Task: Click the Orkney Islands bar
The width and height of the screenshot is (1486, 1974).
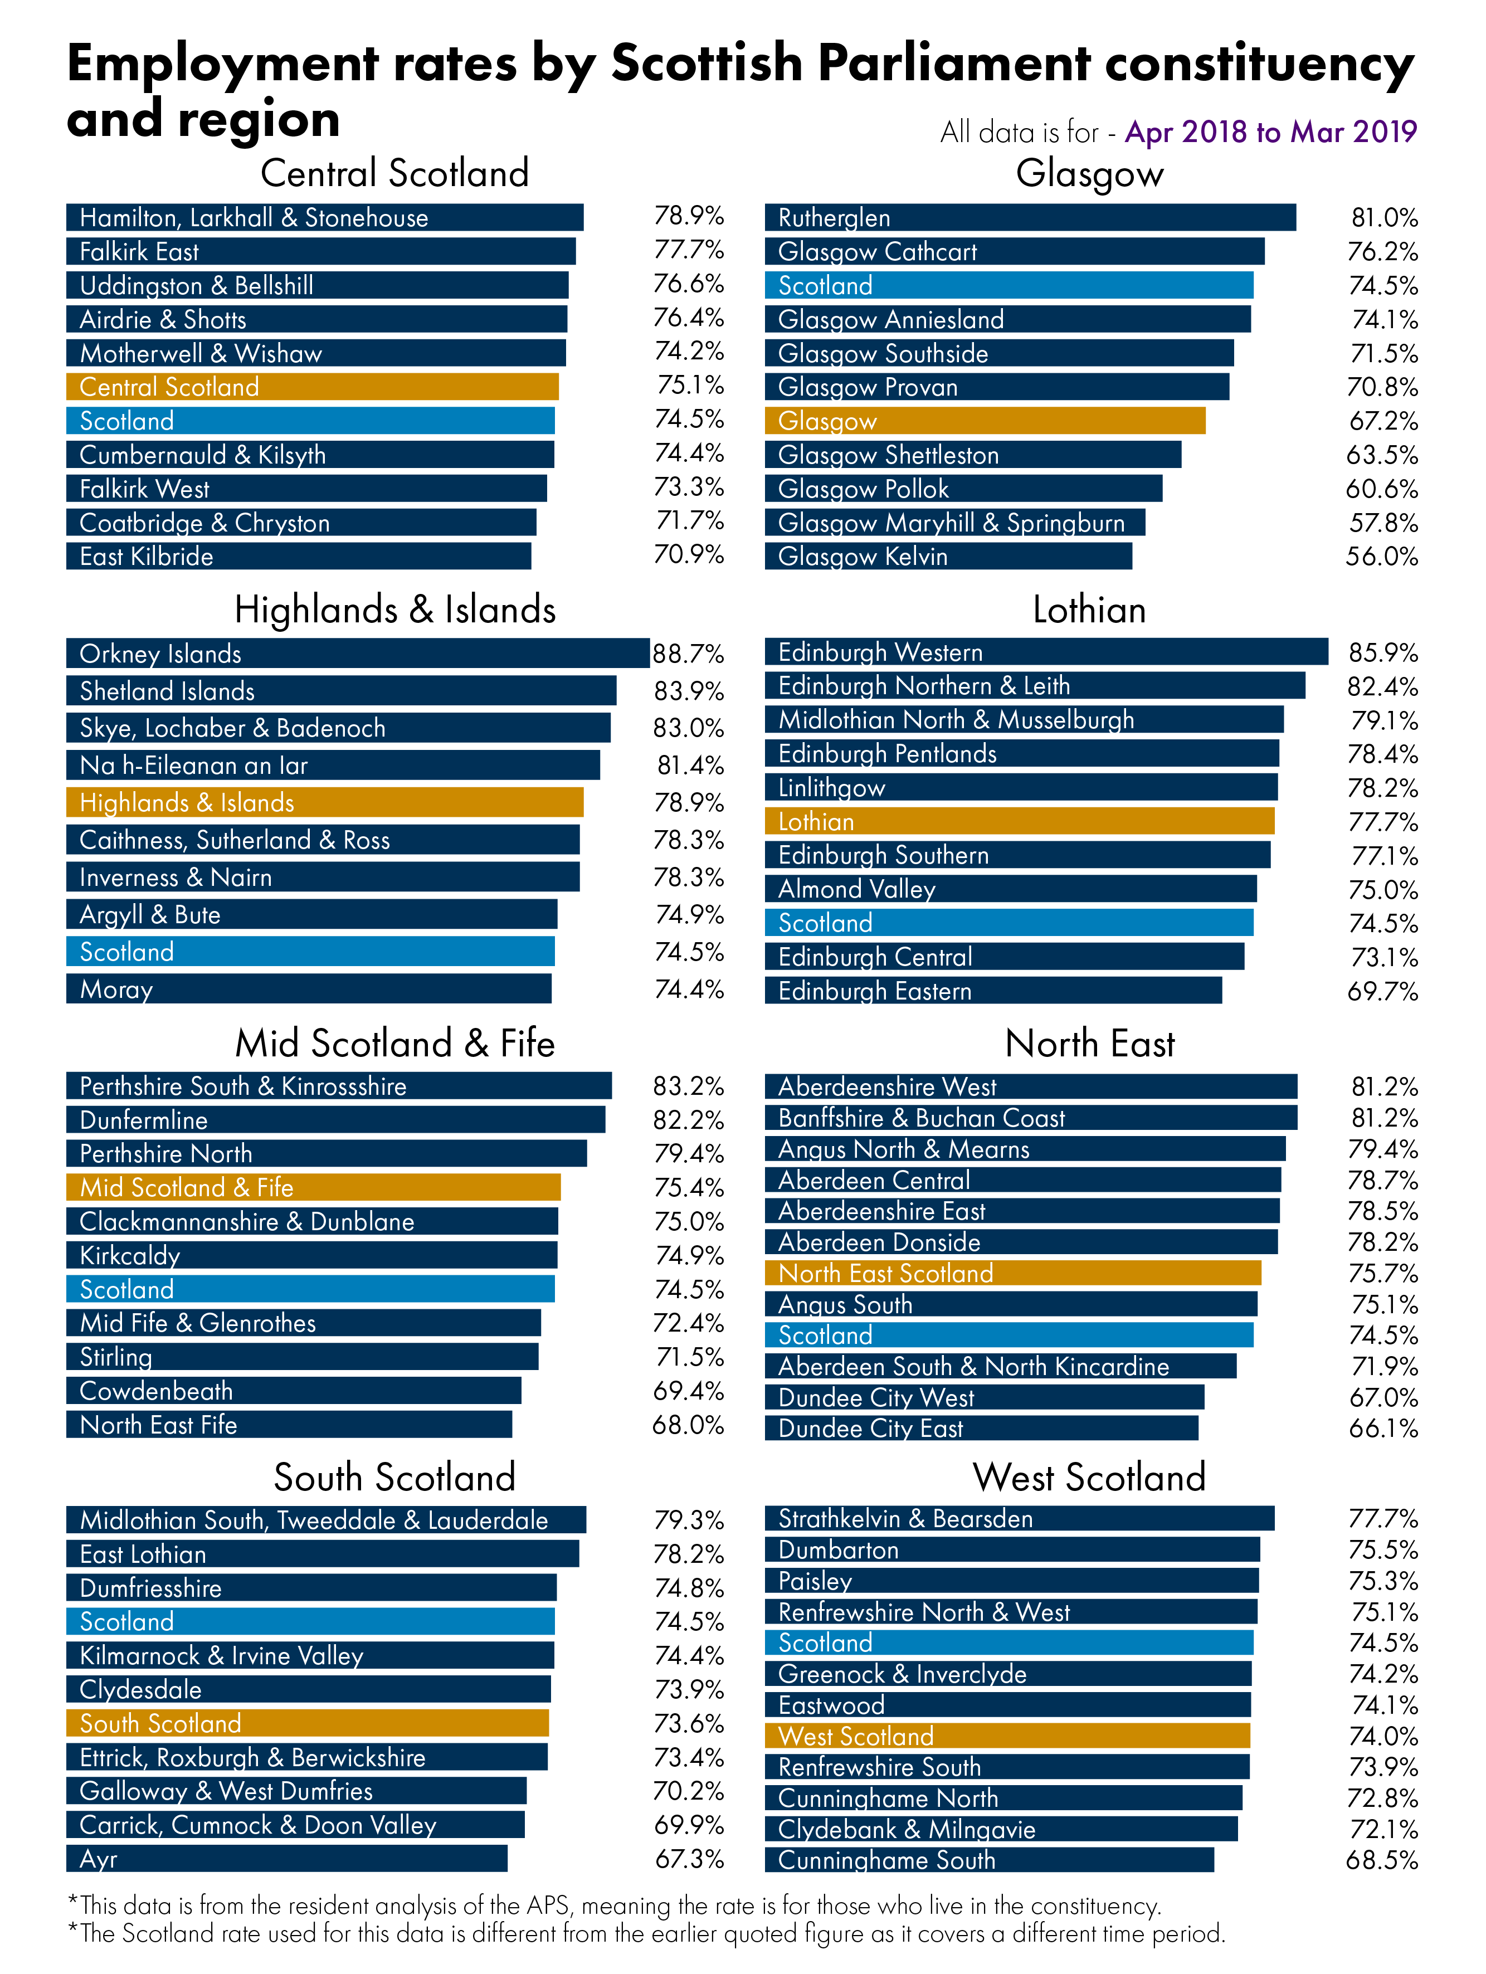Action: click(x=357, y=653)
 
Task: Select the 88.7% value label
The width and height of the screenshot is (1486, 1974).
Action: click(x=687, y=654)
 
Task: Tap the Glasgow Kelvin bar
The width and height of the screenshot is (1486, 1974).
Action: click(x=948, y=556)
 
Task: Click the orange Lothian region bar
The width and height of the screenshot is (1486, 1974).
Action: click(x=1019, y=821)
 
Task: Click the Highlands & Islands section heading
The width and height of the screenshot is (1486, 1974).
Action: click(x=394, y=610)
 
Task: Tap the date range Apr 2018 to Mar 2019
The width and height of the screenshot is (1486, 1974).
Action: click(x=1270, y=132)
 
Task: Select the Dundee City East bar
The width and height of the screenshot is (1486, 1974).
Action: click(x=981, y=1428)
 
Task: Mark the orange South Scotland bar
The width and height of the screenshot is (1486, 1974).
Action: click(x=307, y=1722)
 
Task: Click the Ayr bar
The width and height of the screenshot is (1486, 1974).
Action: click(x=286, y=1859)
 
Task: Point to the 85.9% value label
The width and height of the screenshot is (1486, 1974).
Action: click(x=1382, y=653)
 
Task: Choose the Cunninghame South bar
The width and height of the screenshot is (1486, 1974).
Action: click(x=989, y=1860)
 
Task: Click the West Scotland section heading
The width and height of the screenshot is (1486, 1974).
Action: click(x=1089, y=1477)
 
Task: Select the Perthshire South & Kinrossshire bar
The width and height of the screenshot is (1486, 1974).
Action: click(x=338, y=1086)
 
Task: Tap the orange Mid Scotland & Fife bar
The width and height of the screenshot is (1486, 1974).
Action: click(x=313, y=1187)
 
